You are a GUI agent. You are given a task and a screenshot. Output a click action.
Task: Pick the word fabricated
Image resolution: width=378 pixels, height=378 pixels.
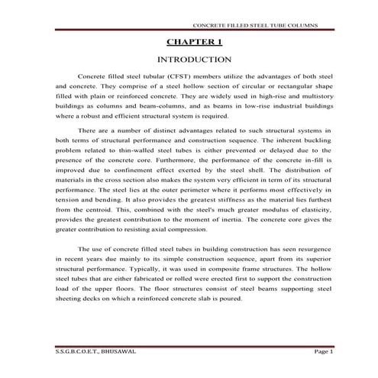pyautogui.click(x=145, y=299)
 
